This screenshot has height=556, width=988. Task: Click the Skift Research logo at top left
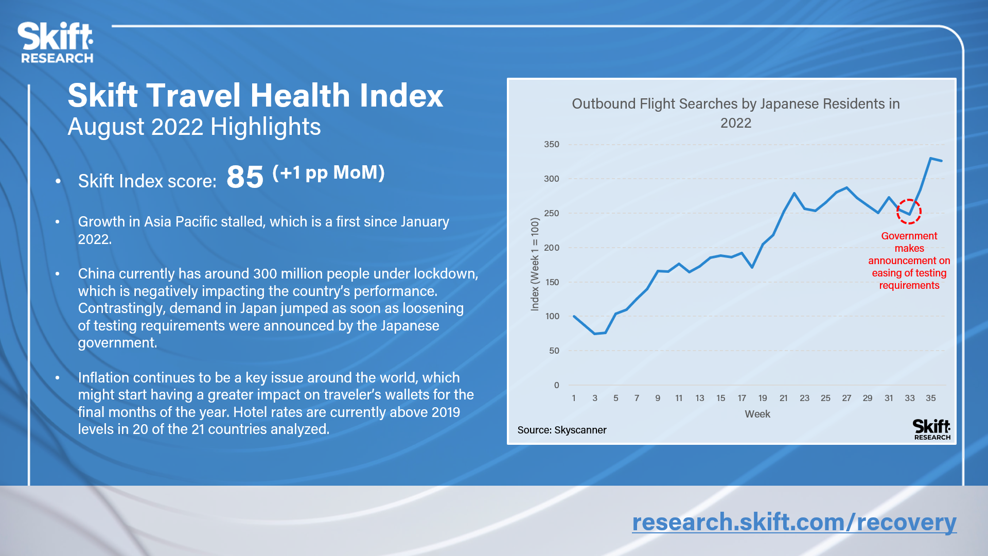[x=56, y=43]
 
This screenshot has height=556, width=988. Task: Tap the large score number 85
[x=244, y=177]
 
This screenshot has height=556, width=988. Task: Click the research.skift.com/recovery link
[x=794, y=522]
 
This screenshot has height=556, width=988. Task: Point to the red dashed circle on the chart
[x=909, y=212]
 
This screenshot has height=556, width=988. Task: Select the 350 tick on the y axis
[x=552, y=145]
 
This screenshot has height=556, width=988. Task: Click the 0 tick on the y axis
[x=556, y=385]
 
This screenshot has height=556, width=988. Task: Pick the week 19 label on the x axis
[x=763, y=398]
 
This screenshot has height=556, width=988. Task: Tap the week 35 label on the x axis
[x=930, y=398]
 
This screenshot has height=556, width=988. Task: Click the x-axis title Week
[x=757, y=414]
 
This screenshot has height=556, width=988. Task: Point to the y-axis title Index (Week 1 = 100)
[x=535, y=264]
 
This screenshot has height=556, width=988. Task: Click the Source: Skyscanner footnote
[x=562, y=430]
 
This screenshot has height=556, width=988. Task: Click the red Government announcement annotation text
[x=909, y=260]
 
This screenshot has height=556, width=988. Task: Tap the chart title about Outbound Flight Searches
[x=736, y=113]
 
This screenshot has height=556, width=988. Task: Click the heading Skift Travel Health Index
[x=255, y=96]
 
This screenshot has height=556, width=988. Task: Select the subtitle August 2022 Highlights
[x=194, y=127]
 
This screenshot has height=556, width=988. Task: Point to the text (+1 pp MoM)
[x=328, y=172]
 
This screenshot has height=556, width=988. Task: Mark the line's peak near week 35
[x=931, y=159]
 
